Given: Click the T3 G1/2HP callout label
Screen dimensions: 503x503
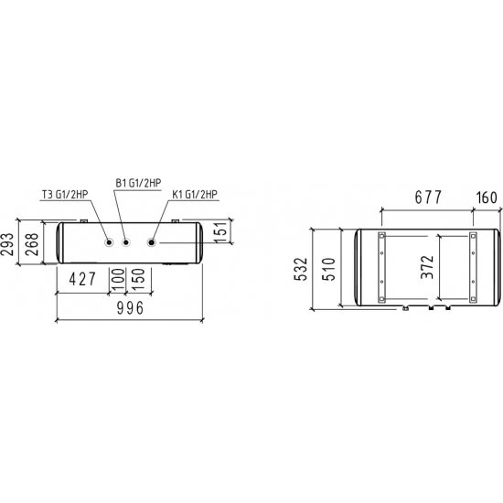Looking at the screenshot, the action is [65, 195].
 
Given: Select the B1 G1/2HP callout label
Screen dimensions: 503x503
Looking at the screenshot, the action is [138, 183].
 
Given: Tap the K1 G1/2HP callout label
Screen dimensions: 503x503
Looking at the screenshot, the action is [195, 195].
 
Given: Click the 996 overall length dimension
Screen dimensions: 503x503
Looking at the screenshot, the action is [130, 308].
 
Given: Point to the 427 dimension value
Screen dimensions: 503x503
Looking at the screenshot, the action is [82, 279].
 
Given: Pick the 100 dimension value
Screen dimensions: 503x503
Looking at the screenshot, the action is [117, 280].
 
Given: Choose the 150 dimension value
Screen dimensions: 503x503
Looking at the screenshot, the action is [138, 280].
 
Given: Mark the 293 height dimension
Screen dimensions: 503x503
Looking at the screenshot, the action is [7, 244].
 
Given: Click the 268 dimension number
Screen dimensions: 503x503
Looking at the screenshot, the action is [32, 244].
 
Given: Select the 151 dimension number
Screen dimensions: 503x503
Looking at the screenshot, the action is [221, 231].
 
